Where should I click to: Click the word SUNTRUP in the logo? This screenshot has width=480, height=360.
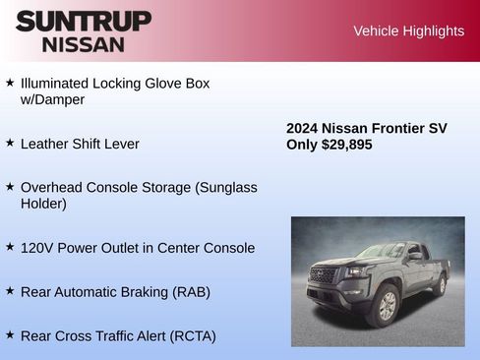(x=84, y=21)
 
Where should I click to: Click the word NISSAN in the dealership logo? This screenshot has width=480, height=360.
(x=84, y=43)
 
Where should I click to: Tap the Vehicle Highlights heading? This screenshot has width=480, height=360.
(x=408, y=30)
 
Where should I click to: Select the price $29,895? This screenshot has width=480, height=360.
(x=346, y=145)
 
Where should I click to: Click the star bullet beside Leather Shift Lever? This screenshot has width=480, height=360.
(x=10, y=143)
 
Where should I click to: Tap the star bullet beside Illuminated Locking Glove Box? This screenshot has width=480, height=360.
(x=10, y=83)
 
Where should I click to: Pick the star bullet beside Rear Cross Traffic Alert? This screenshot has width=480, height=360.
(x=10, y=334)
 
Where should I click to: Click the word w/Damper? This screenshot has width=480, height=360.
(x=52, y=100)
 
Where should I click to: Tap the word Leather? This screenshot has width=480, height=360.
(x=47, y=144)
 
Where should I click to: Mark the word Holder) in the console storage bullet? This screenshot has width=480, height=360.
(x=43, y=204)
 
